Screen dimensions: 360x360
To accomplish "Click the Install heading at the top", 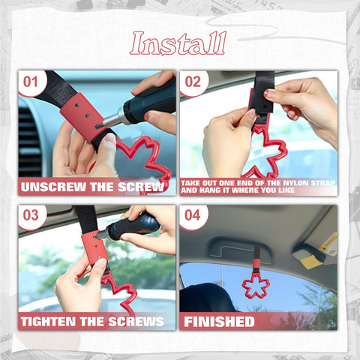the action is click(178, 43).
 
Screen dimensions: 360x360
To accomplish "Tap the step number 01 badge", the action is click(31, 82).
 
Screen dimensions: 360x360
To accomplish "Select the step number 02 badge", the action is click(193, 82).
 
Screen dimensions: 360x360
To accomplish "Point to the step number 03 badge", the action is click(31, 216).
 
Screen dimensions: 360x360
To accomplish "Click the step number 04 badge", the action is click(193, 216).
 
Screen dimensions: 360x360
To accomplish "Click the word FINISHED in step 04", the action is click(219, 322).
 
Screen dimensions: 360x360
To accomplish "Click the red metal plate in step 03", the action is click(95, 247).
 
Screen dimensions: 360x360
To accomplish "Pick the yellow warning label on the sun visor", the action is click(328, 242).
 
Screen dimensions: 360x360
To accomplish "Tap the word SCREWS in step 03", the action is click(136, 322).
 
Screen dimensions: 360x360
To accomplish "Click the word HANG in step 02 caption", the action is click(211, 190).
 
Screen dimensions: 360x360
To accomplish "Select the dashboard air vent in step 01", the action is click(28, 141).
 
